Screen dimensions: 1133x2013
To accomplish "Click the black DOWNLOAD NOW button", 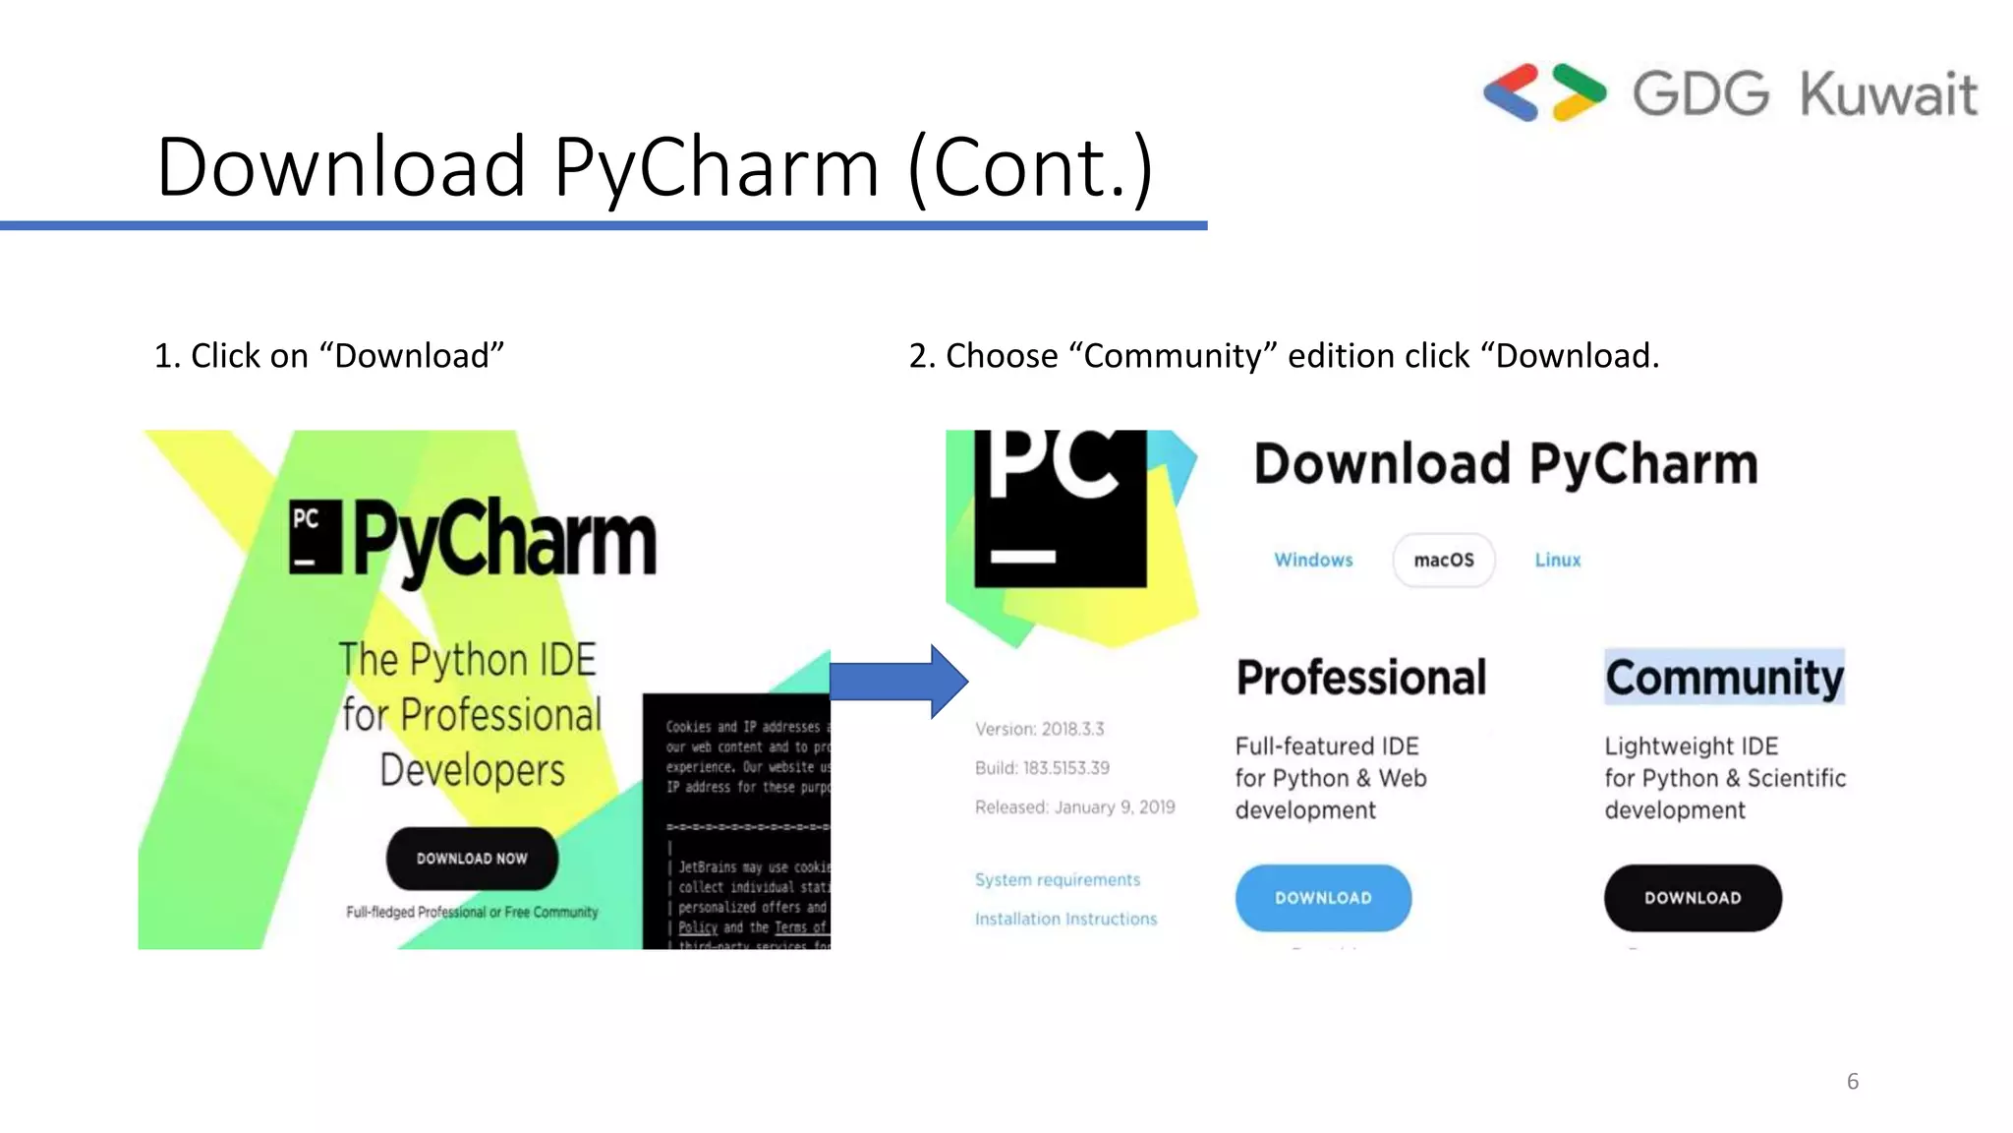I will (472, 859).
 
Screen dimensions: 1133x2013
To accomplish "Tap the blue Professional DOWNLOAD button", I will (1323, 898).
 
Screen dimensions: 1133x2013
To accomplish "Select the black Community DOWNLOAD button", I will (1693, 898).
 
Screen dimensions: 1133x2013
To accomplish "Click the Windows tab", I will (1313, 560).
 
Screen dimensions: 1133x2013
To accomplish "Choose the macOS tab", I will (1443, 560).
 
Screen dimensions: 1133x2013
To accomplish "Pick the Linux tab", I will (1558, 560).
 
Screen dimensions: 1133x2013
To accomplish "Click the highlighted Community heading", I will (1724, 678).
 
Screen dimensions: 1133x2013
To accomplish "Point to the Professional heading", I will (1361, 678).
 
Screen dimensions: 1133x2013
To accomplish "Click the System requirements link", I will (1058, 879).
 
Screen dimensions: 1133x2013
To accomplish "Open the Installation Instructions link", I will (1065, 919).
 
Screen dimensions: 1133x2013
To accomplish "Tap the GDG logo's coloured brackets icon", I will (1544, 93).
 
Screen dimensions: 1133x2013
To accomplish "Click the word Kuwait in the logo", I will (1888, 94).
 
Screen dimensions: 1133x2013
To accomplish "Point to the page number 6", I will (1853, 1081).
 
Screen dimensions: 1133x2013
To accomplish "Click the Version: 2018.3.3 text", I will (1039, 729).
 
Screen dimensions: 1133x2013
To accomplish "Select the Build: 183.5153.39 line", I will (1042, 768).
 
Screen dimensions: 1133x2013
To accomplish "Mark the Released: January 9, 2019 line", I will (1074, 807).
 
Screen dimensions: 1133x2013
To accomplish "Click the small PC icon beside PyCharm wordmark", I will (315, 536).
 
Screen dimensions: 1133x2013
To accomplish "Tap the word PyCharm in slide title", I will (716, 166).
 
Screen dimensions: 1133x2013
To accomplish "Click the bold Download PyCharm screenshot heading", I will (1506, 464).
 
